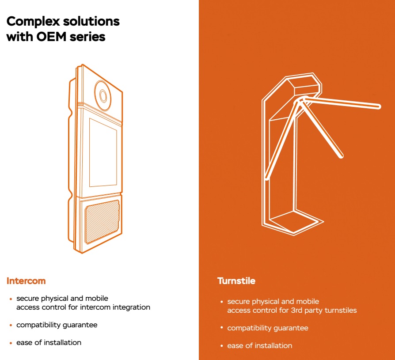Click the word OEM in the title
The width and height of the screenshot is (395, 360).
[x=51, y=37]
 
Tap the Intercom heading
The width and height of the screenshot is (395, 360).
[x=26, y=281]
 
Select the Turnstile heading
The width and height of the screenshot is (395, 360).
[x=236, y=281]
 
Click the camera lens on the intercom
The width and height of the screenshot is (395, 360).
[x=103, y=95]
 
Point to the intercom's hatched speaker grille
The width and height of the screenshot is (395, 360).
[x=102, y=222]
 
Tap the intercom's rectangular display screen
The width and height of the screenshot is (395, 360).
[x=103, y=153]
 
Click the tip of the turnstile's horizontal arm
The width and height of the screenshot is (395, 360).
[x=379, y=106]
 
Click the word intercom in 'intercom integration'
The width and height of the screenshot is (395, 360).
[x=95, y=307]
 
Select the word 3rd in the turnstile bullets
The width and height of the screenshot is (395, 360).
[x=296, y=311]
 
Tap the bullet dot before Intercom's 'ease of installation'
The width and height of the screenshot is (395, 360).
[x=11, y=343]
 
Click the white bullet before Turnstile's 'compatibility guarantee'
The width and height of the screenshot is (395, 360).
[x=222, y=328]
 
